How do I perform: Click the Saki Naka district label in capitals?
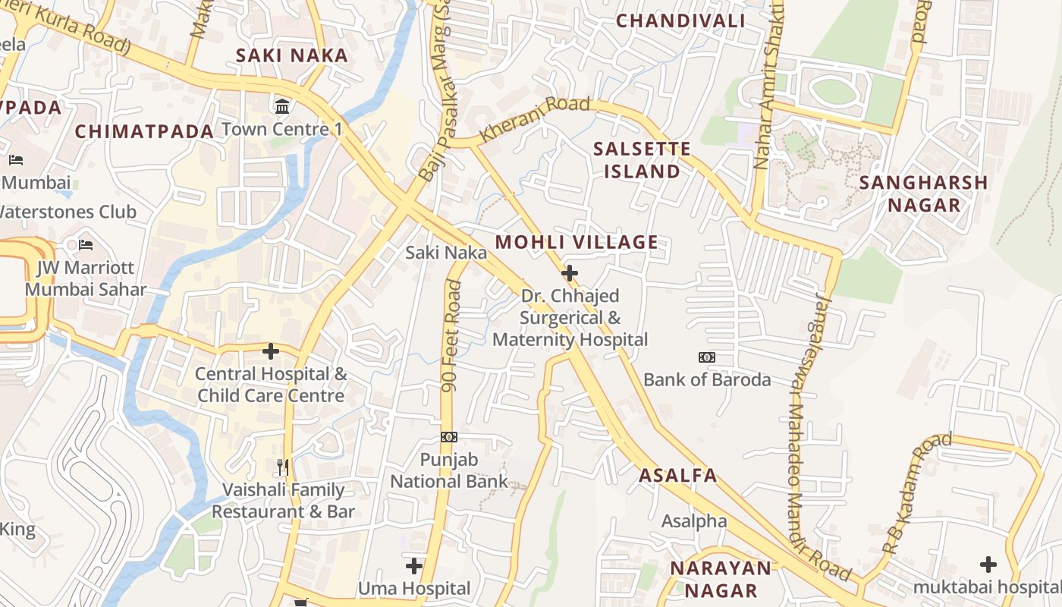pos(291,55)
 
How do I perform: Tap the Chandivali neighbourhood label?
pos(680,20)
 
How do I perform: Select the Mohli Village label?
pos(577,243)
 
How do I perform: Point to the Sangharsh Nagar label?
pos(923,193)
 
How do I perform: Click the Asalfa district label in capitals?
pos(677,476)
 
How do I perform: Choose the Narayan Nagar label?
pos(720,579)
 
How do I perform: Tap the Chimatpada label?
pos(144,131)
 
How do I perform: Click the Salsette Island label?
pos(642,160)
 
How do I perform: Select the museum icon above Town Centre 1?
pos(283,106)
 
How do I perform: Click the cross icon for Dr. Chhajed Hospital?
pos(569,273)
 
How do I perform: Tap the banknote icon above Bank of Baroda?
pos(707,357)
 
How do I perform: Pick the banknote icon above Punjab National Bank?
pos(449,437)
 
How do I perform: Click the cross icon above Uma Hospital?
pos(414,565)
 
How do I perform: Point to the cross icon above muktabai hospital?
pos(988,564)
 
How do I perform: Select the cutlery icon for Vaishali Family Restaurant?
pos(283,467)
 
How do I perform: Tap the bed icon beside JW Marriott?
pos(86,245)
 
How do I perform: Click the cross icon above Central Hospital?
pos(271,351)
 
